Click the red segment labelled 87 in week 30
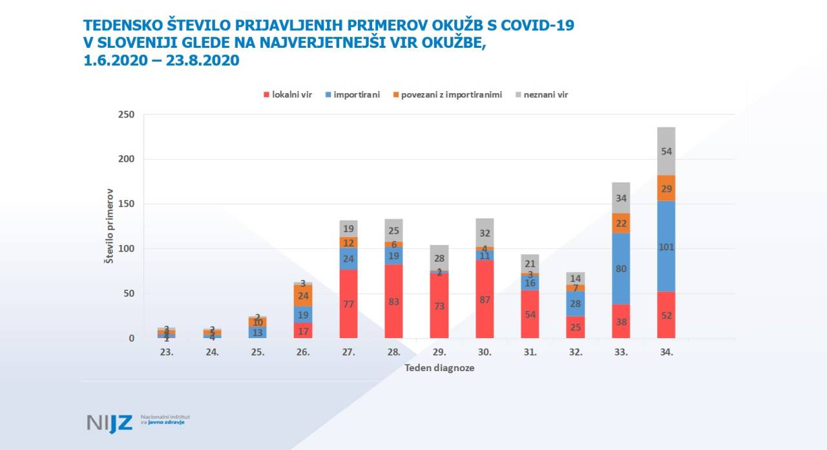(485, 299)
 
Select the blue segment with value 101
(666, 246)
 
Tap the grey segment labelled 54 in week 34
(666, 151)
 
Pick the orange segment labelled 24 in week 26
(303, 295)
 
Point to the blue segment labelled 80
(621, 268)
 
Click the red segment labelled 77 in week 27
(348, 304)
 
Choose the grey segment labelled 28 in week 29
(439, 257)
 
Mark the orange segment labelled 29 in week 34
(666, 188)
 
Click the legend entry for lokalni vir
(288, 94)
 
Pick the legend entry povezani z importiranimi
(446, 94)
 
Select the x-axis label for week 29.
(439, 352)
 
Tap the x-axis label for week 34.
(666, 352)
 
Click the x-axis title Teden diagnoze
(439, 368)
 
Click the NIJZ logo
(110, 423)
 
